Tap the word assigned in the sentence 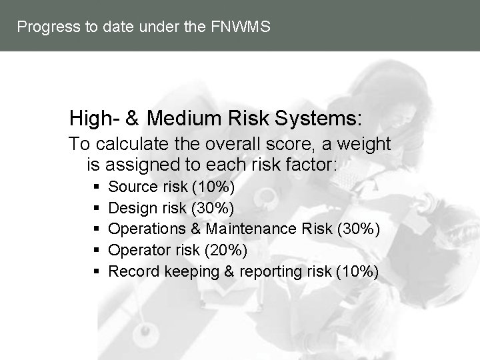tap(139, 164)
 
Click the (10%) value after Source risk tap(213, 186)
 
